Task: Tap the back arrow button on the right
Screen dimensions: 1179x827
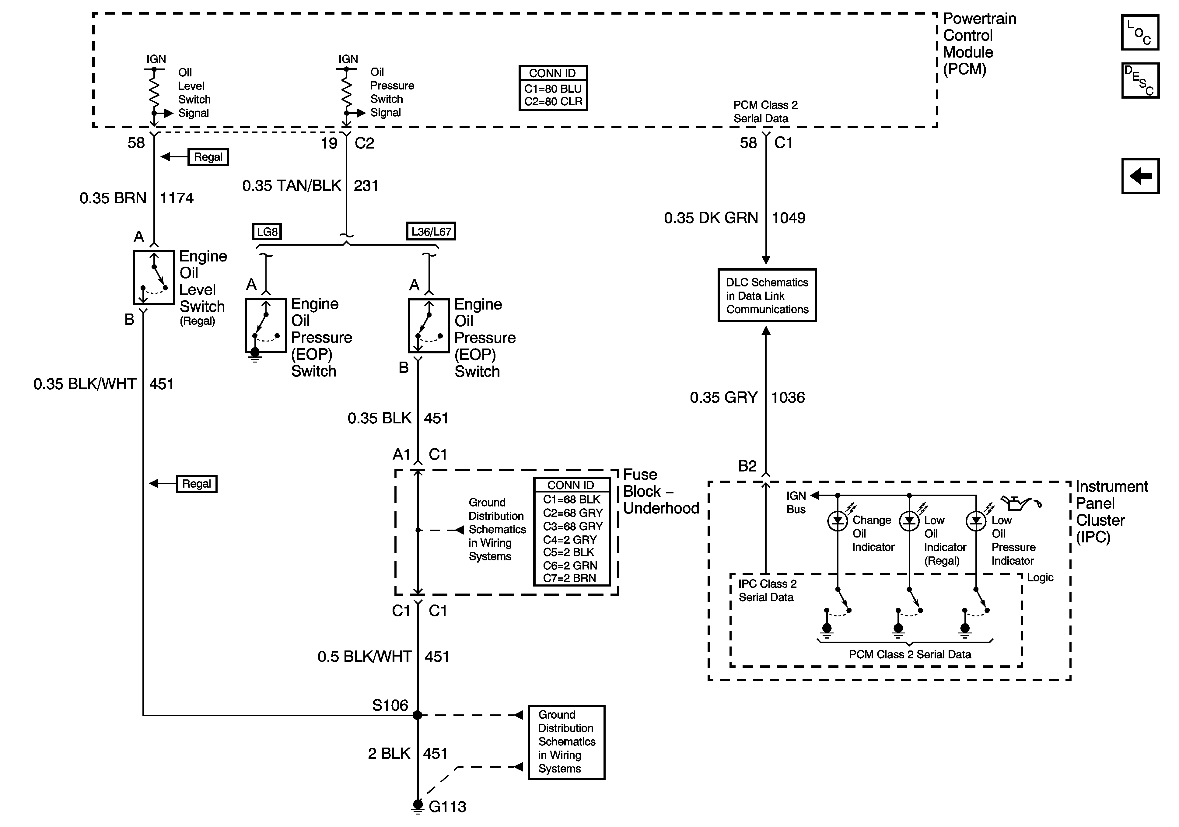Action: tap(1140, 176)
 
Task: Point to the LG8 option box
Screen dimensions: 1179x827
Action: tap(267, 232)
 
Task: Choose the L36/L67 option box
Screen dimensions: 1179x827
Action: tap(431, 232)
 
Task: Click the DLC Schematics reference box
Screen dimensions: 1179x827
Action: tap(767, 295)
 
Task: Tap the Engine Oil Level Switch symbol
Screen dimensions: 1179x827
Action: tap(154, 277)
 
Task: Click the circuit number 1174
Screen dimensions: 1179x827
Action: tap(177, 198)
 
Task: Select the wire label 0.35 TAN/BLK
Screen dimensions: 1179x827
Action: tap(292, 185)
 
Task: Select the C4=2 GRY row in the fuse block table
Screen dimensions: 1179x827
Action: tap(570, 540)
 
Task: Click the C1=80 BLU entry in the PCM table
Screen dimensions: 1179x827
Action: tap(553, 89)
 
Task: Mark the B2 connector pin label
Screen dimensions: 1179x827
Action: tap(747, 466)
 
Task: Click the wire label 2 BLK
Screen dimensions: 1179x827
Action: tap(389, 754)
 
